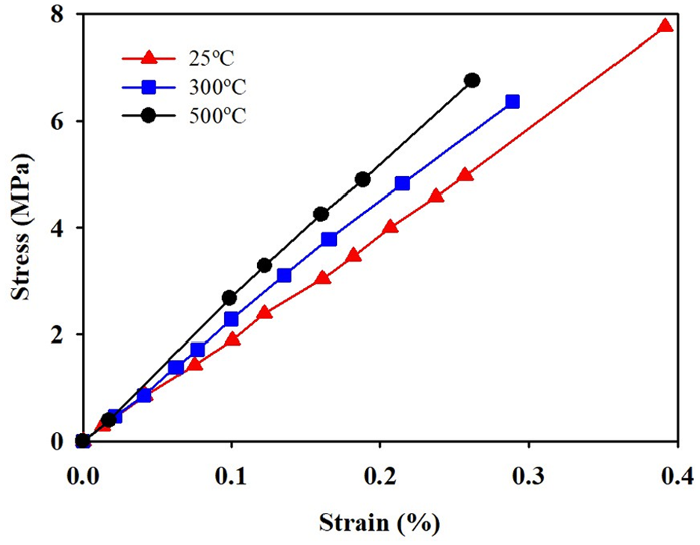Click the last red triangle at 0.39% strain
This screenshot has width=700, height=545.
click(x=665, y=25)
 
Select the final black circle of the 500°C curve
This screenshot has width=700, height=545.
click(x=472, y=81)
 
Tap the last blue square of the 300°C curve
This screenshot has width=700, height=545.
click(x=512, y=102)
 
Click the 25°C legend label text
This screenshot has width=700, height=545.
click(x=211, y=58)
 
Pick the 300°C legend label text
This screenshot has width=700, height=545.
click(x=217, y=87)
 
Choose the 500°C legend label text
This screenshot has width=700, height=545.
click(x=217, y=116)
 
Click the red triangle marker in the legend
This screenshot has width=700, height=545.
click(x=148, y=58)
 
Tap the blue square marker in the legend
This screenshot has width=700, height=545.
click(x=148, y=87)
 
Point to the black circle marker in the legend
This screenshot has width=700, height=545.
click(x=148, y=116)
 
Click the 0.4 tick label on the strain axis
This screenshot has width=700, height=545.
click(x=678, y=476)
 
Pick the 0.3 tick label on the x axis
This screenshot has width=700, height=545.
click(x=529, y=476)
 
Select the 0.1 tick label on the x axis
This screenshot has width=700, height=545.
click(x=231, y=476)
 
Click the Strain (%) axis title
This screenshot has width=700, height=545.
click(x=380, y=523)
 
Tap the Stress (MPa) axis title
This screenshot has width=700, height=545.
click(x=22, y=227)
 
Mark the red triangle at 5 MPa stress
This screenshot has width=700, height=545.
click(x=465, y=175)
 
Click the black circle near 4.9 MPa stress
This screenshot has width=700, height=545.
click(x=363, y=179)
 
